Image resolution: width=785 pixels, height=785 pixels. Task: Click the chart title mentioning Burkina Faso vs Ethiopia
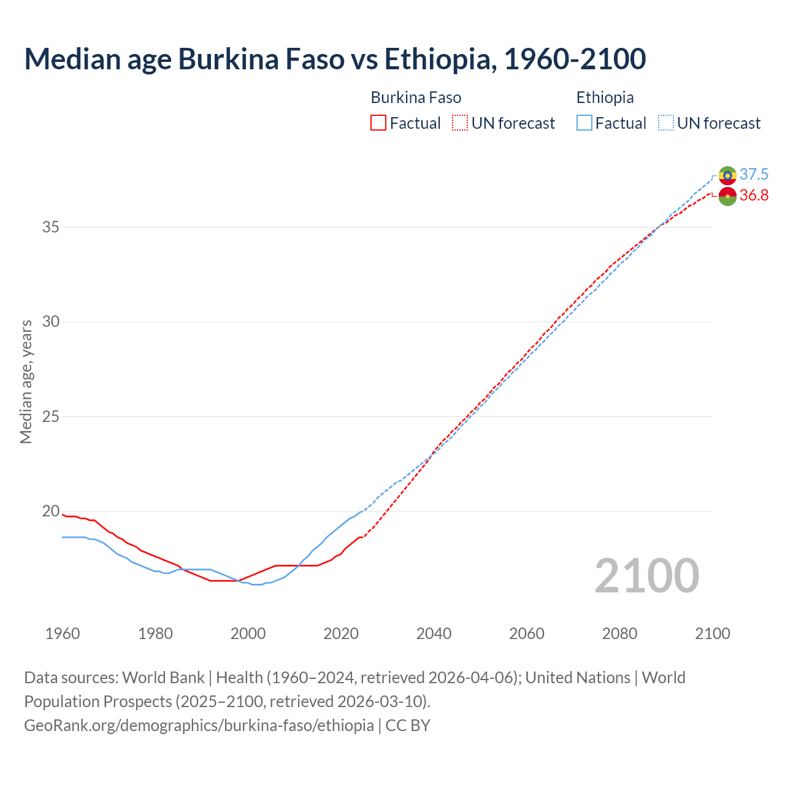(335, 59)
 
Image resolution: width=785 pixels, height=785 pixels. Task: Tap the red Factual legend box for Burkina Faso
(378, 123)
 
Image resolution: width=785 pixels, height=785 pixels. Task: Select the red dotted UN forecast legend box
(460, 123)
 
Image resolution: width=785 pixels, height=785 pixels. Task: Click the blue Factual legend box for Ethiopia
(584, 123)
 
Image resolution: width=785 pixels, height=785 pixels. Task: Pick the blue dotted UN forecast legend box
(665, 123)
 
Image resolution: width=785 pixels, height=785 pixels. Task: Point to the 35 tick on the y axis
(50, 227)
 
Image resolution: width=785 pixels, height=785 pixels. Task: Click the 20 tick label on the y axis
(50, 511)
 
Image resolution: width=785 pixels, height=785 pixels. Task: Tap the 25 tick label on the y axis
(50, 416)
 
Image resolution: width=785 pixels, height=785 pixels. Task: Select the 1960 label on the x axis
(63, 634)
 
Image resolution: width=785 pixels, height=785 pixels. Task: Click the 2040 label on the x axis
(434, 634)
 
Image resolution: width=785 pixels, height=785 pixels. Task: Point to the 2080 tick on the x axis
(619, 634)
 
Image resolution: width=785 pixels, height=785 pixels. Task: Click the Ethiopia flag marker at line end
(727, 175)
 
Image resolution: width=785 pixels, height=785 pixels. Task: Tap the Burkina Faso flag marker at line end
(727, 196)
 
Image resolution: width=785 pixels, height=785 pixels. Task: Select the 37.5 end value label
(754, 175)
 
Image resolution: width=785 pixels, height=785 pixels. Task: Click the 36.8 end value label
(754, 196)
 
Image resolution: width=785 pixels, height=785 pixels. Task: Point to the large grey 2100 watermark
(646, 576)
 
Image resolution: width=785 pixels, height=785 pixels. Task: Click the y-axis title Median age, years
(26, 381)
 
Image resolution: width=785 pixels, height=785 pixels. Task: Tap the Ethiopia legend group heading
(605, 98)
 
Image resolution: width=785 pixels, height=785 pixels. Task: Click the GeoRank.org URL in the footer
(199, 725)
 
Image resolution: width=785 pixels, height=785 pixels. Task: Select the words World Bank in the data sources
(163, 678)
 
